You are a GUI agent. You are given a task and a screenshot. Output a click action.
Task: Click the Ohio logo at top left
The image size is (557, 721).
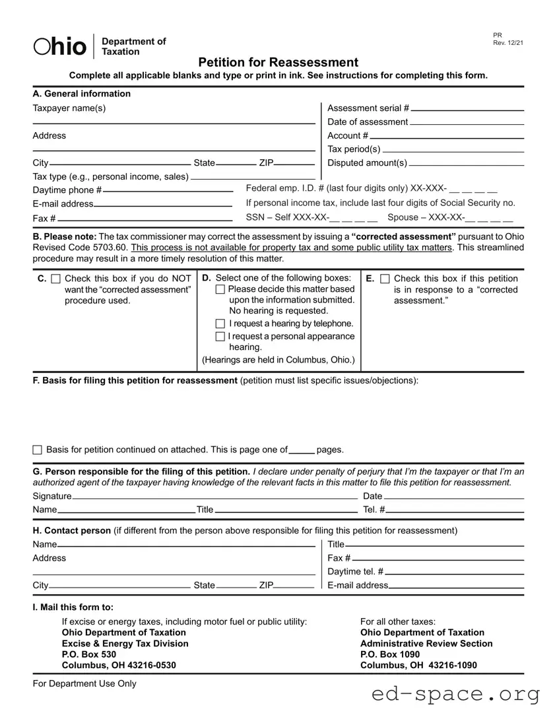tap(61, 46)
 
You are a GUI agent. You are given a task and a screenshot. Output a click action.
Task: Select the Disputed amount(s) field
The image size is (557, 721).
tap(467, 162)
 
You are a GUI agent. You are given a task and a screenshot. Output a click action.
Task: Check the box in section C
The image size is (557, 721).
tap(55, 279)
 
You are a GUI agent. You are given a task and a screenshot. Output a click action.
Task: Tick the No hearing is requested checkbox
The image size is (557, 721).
tap(220, 290)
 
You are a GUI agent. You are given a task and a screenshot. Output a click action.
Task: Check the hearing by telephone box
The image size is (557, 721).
tap(220, 324)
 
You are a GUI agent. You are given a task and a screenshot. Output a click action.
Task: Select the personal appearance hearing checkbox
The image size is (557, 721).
tap(220, 337)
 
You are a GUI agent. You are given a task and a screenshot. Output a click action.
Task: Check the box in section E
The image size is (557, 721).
tap(385, 279)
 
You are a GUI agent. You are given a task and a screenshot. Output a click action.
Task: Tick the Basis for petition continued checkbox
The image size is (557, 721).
tap(37, 450)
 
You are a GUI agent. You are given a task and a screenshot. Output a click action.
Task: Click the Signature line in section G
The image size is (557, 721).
tap(214, 497)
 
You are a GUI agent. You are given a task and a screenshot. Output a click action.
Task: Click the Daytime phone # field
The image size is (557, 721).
tap(168, 189)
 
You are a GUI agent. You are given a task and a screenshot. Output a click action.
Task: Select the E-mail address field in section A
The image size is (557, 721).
tap(164, 203)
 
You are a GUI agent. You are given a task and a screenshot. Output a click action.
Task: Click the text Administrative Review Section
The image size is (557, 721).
tap(426, 644)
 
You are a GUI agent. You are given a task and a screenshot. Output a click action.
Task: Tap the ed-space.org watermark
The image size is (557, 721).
tap(455, 695)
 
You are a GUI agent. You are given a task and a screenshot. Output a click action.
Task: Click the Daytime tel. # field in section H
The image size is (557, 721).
tap(455, 572)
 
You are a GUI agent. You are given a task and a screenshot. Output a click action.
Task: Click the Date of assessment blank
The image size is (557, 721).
tap(467, 121)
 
